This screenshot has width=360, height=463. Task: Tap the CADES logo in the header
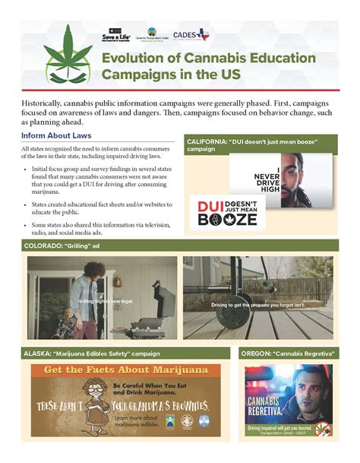coord(190,35)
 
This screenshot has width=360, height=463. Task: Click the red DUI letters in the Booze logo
coord(210,207)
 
